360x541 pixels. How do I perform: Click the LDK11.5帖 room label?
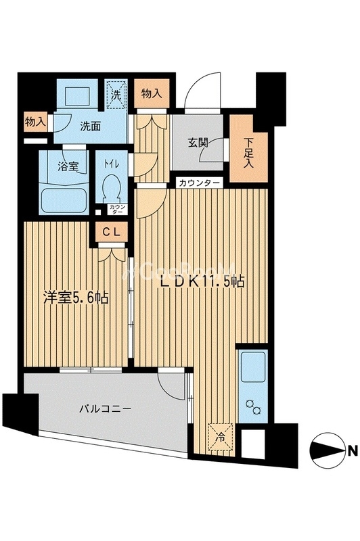click(x=202, y=283)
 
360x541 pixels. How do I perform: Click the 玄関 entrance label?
click(x=198, y=143)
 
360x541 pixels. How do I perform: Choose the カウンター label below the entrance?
click(x=200, y=183)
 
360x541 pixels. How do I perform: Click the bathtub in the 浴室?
click(x=65, y=200)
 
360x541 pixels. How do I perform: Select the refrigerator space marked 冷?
click(x=221, y=433)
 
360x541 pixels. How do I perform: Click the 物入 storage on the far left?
click(x=35, y=122)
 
